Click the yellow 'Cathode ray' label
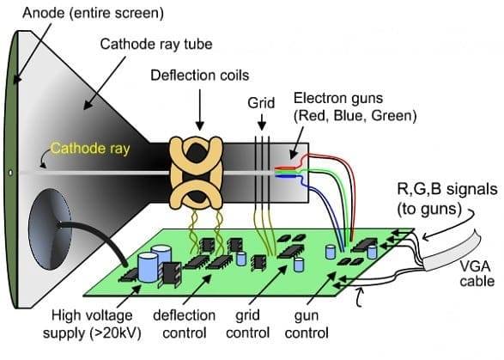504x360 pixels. coord(90,149)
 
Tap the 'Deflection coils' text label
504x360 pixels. coord(199,76)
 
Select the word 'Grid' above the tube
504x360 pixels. coord(261,103)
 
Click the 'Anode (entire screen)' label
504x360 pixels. coord(93,13)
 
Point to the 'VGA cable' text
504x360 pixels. coord(477,274)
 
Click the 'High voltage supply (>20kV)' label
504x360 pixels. coord(92,324)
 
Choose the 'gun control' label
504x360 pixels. coord(307,324)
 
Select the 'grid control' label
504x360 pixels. coord(247,324)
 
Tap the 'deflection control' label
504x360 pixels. coord(185,324)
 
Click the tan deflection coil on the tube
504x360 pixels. coord(196,172)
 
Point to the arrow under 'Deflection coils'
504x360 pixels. coord(199,109)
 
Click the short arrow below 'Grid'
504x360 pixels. coord(262,123)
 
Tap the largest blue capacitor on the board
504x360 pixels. coord(148,267)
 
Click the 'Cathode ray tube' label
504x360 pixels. coord(156,44)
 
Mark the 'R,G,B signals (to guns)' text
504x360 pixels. coord(447,198)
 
